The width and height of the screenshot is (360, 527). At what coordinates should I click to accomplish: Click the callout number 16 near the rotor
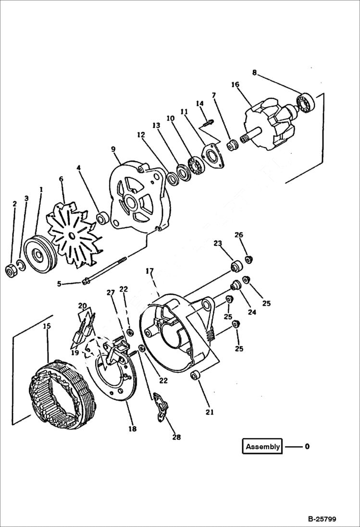tap(235, 85)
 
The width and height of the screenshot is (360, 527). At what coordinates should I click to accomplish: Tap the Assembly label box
tap(262, 446)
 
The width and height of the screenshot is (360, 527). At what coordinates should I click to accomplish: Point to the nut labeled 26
tap(249, 260)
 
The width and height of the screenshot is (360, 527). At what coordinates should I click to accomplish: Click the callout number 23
tap(218, 244)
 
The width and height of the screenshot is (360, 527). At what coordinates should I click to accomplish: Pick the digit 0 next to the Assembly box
tap(307, 446)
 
